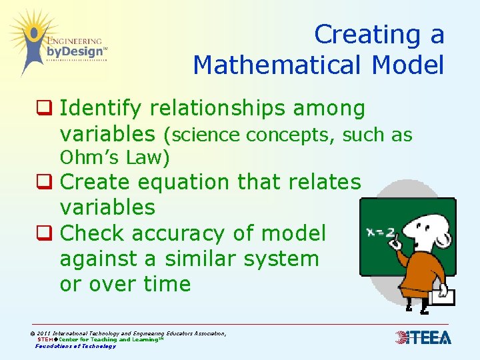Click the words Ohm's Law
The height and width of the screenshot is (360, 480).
point(114,158)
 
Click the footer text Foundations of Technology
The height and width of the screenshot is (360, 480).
point(75,346)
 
